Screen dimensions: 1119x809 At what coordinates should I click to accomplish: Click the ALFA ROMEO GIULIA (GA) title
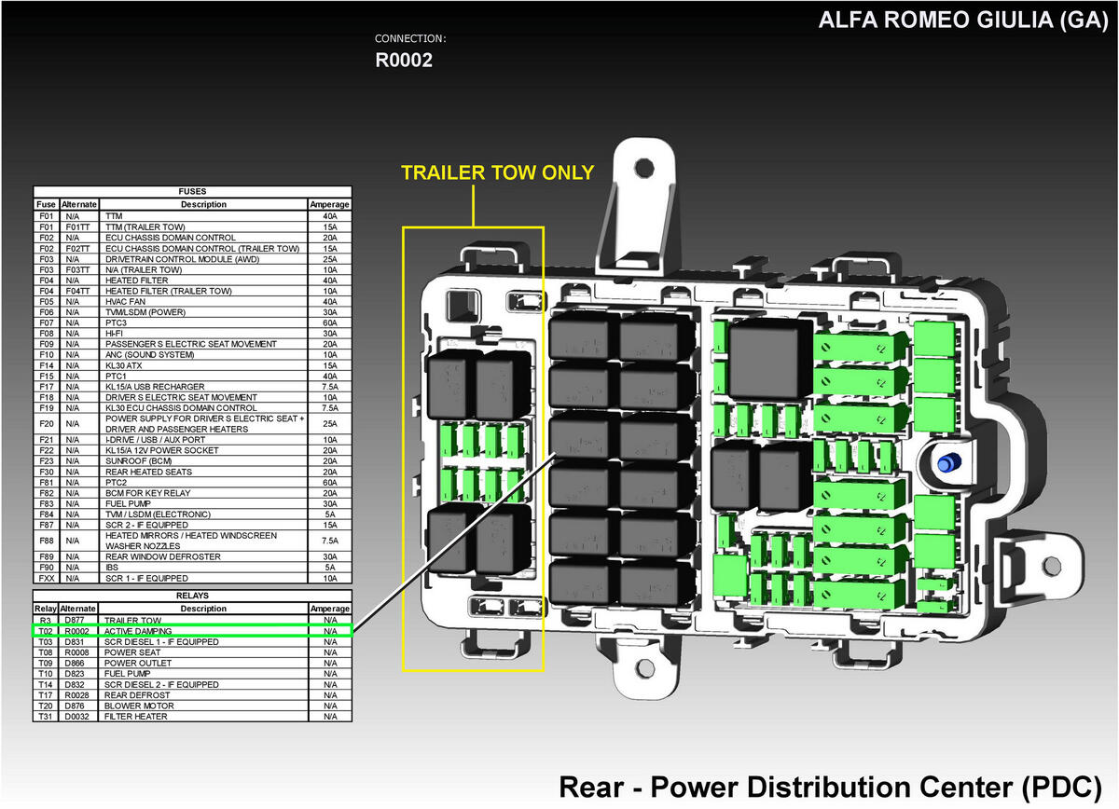962,21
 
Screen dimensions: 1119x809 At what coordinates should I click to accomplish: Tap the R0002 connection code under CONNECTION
404,61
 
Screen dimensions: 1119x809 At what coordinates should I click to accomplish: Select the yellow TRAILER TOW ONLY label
498,172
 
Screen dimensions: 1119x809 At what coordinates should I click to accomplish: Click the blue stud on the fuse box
948,462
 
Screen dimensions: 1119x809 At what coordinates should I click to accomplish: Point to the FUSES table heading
192,191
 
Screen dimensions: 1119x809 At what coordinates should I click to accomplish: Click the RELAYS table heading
192,596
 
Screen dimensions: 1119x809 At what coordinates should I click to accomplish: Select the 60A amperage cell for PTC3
330,322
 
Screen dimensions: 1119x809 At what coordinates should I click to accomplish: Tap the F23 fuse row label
46,461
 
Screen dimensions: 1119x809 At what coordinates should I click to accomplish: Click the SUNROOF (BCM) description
138,461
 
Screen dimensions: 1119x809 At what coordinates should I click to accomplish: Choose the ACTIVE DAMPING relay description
138,631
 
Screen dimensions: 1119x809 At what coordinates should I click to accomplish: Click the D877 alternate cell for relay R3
75,620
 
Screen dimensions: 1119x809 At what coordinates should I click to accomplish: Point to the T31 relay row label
46,717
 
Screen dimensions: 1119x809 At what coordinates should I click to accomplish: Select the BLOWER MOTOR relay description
139,706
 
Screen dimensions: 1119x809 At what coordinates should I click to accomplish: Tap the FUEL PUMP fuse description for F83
128,504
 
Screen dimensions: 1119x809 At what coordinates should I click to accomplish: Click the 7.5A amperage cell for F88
330,541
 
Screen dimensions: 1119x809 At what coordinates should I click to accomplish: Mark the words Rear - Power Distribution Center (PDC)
830,788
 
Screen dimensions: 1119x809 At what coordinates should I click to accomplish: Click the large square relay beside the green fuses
769,359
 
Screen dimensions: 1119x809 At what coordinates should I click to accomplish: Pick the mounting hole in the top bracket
644,168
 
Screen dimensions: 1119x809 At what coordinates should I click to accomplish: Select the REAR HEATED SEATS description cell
148,472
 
